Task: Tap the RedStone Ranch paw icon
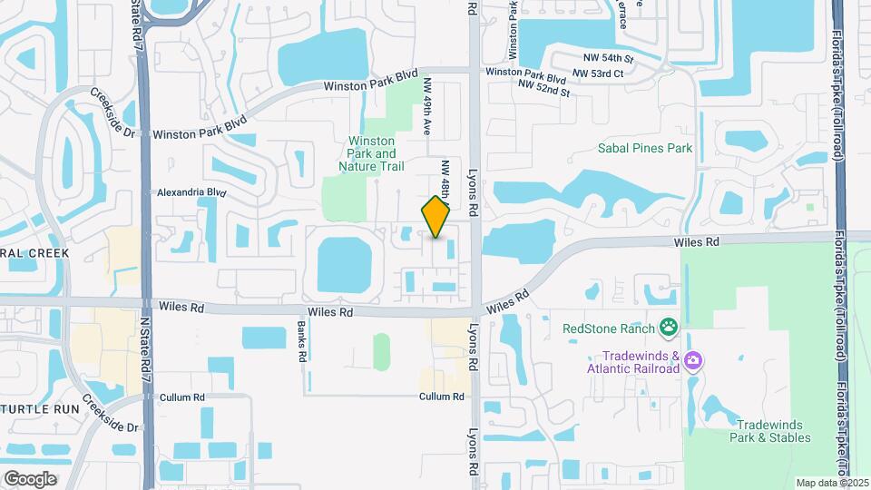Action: pyautogui.click(x=669, y=326)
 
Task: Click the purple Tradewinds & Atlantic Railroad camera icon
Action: pyautogui.click(x=694, y=361)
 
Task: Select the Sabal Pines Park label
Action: pyautogui.click(x=645, y=148)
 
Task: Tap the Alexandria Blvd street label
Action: pyautogui.click(x=191, y=192)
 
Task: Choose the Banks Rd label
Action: pyautogui.click(x=301, y=343)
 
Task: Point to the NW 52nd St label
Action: pyautogui.click(x=543, y=88)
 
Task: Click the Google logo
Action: pyautogui.click(x=30, y=478)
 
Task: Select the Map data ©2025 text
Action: pyautogui.click(x=832, y=483)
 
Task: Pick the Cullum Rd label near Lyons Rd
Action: pyautogui.click(x=442, y=397)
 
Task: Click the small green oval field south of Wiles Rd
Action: pyautogui.click(x=381, y=351)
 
